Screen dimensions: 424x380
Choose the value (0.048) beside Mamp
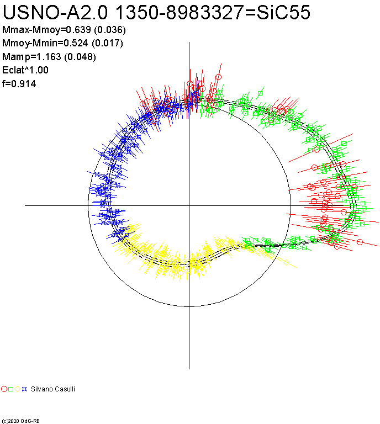pyautogui.click(x=81, y=56)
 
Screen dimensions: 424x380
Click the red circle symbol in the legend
pyautogui.click(x=4, y=389)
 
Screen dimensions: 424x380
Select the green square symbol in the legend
pyautogui.click(x=11, y=389)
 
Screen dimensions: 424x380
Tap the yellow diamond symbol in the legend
pyautogui.click(x=18, y=389)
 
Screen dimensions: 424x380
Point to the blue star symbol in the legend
pyautogui.click(x=24, y=389)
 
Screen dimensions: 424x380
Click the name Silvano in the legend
pyautogui.click(x=42, y=389)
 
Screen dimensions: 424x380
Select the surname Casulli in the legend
pyautogui.click(x=65, y=389)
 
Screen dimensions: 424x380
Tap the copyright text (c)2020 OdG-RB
pyautogui.click(x=21, y=421)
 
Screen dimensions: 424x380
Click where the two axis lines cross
pyautogui.click(x=189, y=205)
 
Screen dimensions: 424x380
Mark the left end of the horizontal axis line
pyautogui.click(x=25, y=205)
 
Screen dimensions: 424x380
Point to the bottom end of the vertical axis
pyautogui.click(x=189, y=369)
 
